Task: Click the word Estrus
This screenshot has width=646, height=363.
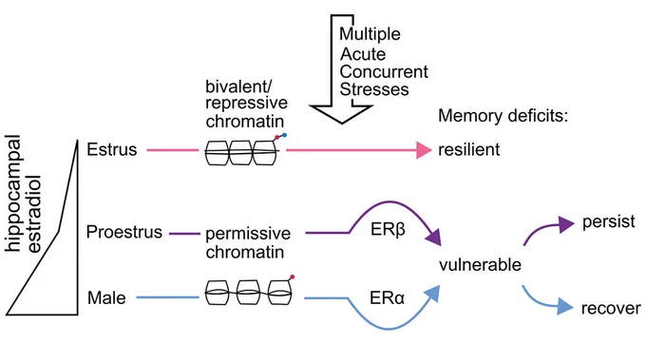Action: coord(112,149)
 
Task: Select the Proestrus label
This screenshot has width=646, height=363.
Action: coord(124,232)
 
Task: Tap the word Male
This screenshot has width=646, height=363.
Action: coord(106,297)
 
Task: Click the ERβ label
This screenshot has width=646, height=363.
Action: coord(389,230)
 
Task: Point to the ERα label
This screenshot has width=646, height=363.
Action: coord(388,297)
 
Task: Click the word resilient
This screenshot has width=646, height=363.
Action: coord(469,149)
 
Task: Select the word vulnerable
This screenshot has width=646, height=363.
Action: coord(481,264)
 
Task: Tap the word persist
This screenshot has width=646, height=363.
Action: coord(609,221)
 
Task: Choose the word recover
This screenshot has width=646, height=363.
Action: coord(612,308)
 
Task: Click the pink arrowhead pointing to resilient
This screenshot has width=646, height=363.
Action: coord(424,150)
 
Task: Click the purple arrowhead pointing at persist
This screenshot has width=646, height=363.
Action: coord(567,224)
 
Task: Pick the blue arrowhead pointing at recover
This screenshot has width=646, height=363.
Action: coord(565,307)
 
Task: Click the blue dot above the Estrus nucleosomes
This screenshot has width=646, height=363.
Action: coord(284,135)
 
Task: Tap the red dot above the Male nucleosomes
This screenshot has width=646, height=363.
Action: coord(292,277)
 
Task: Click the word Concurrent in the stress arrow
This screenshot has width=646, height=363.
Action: coord(384,71)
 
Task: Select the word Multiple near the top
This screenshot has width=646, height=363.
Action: coord(370,34)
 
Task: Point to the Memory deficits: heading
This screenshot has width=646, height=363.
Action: coord(503,116)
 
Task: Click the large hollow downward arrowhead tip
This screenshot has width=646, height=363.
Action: coord(342,124)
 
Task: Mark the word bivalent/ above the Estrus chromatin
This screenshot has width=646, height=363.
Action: coord(238,86)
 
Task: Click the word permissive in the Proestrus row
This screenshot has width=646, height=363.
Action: coord(248,234)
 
